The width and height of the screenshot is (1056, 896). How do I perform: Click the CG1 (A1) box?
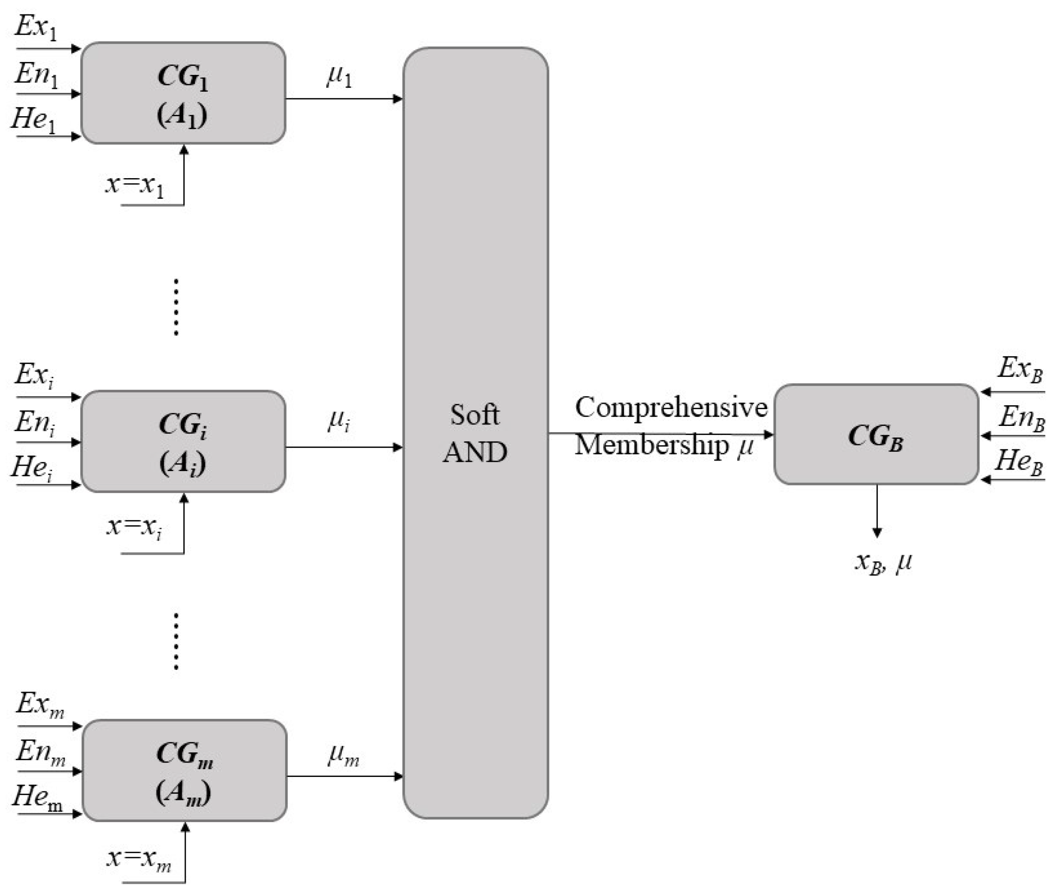click(x=183, y=93)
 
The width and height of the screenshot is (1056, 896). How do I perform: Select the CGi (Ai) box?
click(x=183, y=441)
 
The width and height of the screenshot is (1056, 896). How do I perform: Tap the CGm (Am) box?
click(x=184, y=771)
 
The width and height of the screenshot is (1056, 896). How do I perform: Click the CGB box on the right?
click(x=876, y=435)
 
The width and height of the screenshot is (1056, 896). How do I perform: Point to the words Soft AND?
click(x=475, y=433)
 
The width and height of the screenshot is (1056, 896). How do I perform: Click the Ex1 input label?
click(x=36, y=26)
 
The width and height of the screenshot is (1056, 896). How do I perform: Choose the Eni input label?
click(x=35, y=423)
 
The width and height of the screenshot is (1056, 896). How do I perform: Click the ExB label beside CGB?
click(x=1020, y=369)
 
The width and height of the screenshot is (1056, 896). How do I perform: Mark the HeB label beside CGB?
click(x=1019, y=462)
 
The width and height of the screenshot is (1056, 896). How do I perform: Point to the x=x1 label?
click(x=135, y=185)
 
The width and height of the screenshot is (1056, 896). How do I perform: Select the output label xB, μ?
click(x=883, y=563)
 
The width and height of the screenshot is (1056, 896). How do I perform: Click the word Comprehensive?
click(x=671, y=407)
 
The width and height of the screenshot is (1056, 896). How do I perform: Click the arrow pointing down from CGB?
click(x=877, y=511)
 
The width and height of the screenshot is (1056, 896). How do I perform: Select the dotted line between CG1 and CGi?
click(x=176, y=307)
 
